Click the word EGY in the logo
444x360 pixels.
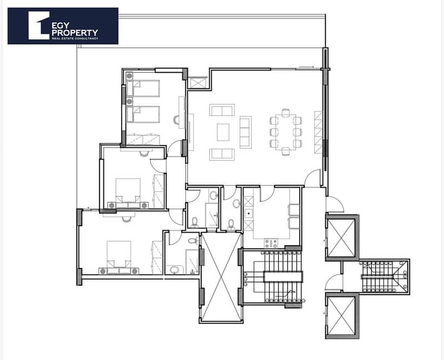point(61,26)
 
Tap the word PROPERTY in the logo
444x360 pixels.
point(75,33)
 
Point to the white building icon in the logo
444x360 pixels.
point(38,26)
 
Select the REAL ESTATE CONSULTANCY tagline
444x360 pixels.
point(75,38)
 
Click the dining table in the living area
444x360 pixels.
point(286,132)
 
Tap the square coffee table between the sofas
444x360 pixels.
point(223,132)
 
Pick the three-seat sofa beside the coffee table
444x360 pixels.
point(246,132)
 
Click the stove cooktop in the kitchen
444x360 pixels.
point(271,243)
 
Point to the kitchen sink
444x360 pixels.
point(248,213)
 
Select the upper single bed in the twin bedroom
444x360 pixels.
point(143,88)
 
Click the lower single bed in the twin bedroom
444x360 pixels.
point(143,114)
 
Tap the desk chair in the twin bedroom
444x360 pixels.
point(177,120)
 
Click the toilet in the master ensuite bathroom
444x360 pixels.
point(193,241)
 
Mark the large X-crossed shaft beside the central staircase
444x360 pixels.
point(221,277)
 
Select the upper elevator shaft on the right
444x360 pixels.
point(341,237)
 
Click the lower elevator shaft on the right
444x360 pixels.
point(341,316)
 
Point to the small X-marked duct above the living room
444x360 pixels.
point(197,83)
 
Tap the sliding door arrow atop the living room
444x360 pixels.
point(306,67)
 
